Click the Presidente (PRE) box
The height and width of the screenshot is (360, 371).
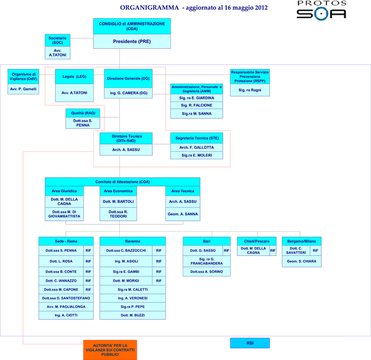[x=132, y=41]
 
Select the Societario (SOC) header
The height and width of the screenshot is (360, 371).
[x=57, y=40]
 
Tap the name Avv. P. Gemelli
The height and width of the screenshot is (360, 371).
[x=24, y=89]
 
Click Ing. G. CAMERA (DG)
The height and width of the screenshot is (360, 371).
[x=128, y=93]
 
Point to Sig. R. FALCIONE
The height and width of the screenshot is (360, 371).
[x=196, y=105]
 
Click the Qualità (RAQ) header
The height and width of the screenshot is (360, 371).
[x=83, y=113]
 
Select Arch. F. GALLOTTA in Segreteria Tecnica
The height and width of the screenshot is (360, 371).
[x=196, y=147]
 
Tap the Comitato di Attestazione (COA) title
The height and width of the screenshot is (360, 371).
[x=122, y=182]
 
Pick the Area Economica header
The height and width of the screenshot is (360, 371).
[x=118, y=191]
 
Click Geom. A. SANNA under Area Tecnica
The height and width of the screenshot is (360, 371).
[x=183, y=214]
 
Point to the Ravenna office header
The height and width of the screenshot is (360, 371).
[x=133, y=242]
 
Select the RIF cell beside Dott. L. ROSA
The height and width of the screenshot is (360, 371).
[x=88, y=261]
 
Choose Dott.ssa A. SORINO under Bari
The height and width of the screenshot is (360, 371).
[x=206, y=272]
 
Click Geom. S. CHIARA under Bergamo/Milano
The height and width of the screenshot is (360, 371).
[x=301, y=261]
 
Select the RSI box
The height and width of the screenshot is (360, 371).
[x=250, y=343]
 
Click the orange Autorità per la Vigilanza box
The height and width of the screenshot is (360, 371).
[x=110, y=350]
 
